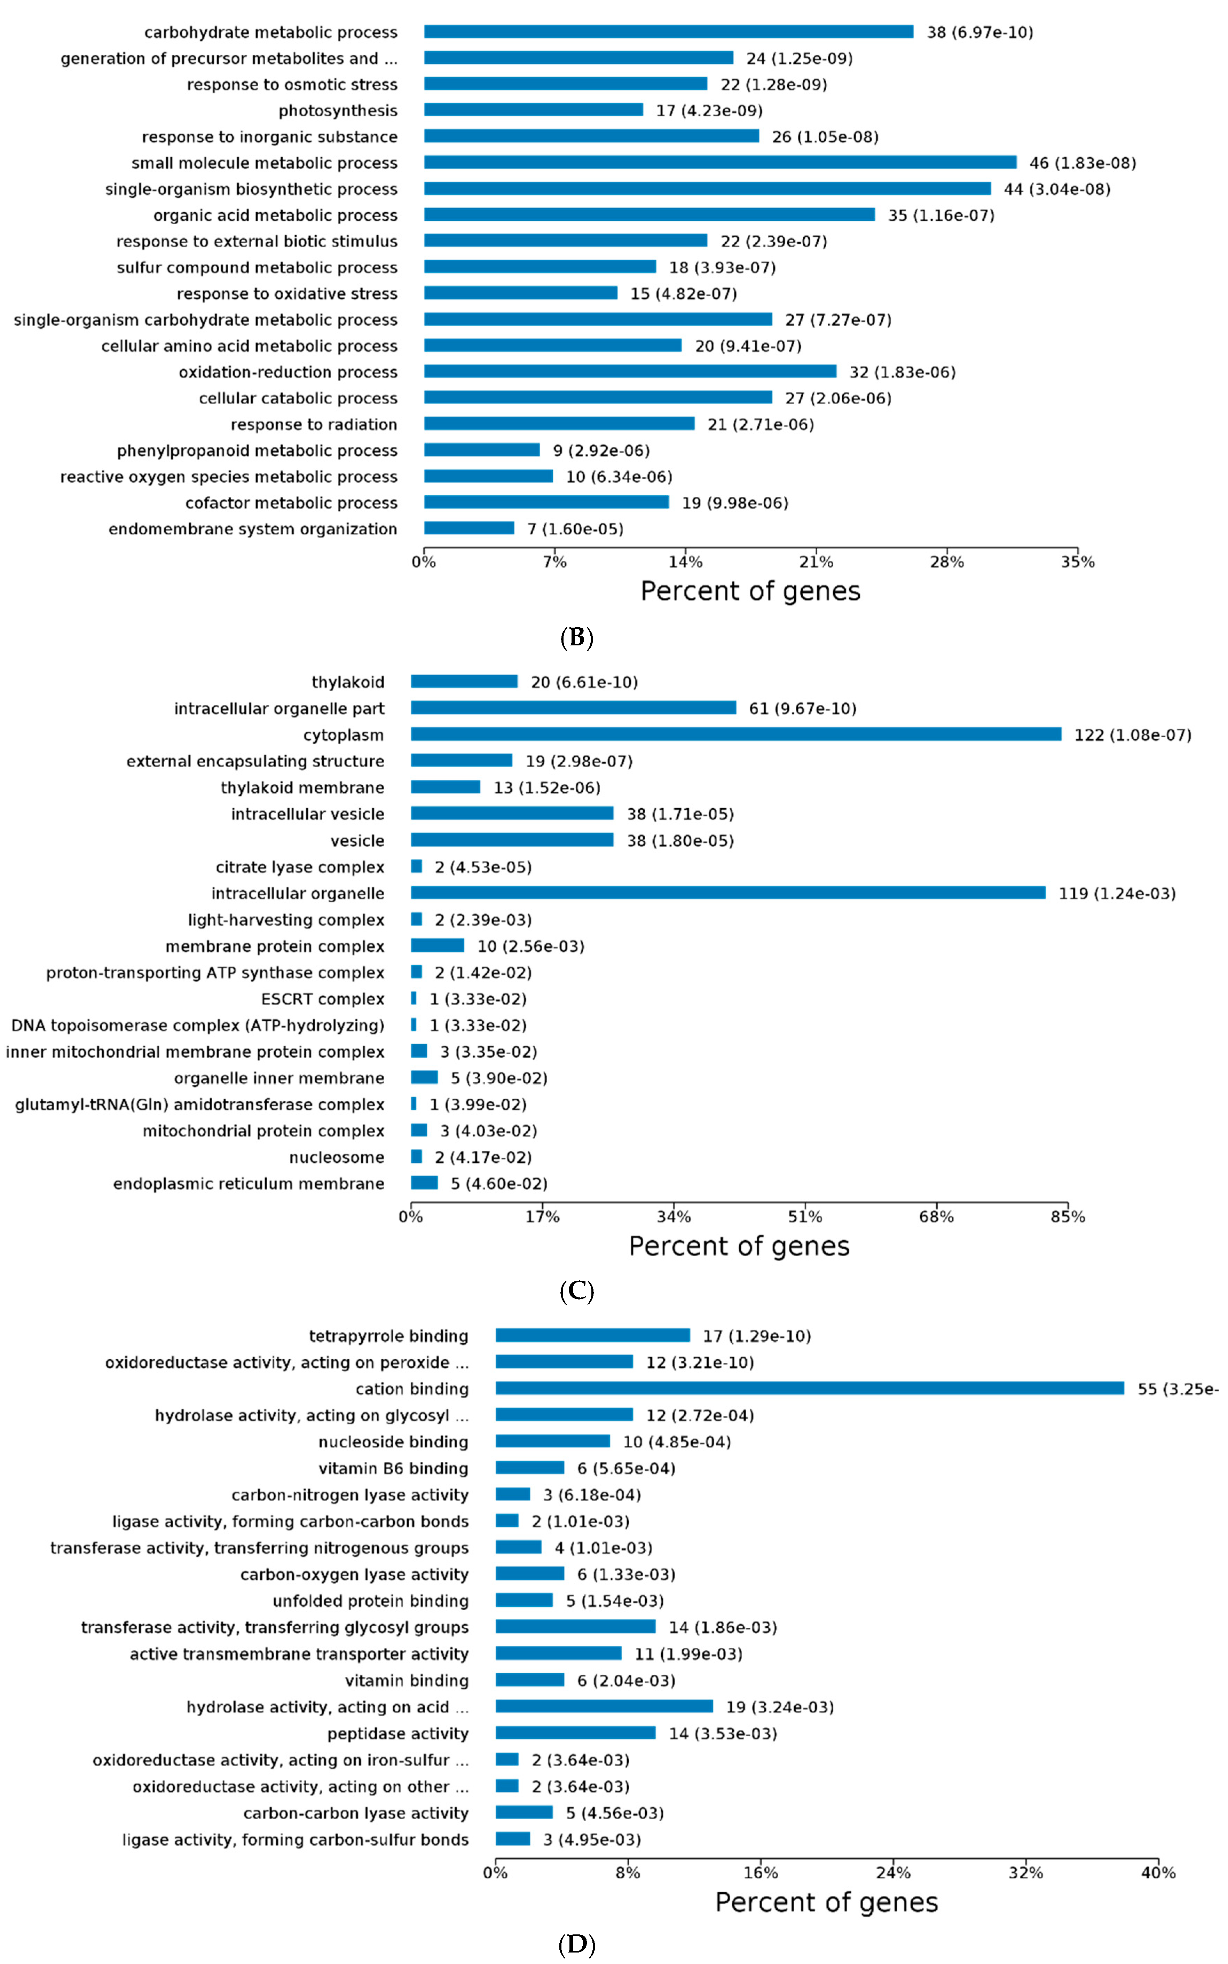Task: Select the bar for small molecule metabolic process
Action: [x=719, y=163]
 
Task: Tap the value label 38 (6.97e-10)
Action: [x=979, y=32]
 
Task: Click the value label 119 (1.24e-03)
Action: [x=1117, y=894]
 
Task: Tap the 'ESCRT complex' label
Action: [x=322, y=999]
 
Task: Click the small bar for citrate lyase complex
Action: [x=417, y=867]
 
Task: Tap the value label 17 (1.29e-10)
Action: [x=756, y=1336]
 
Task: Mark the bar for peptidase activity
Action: [x=575, y=1733]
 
